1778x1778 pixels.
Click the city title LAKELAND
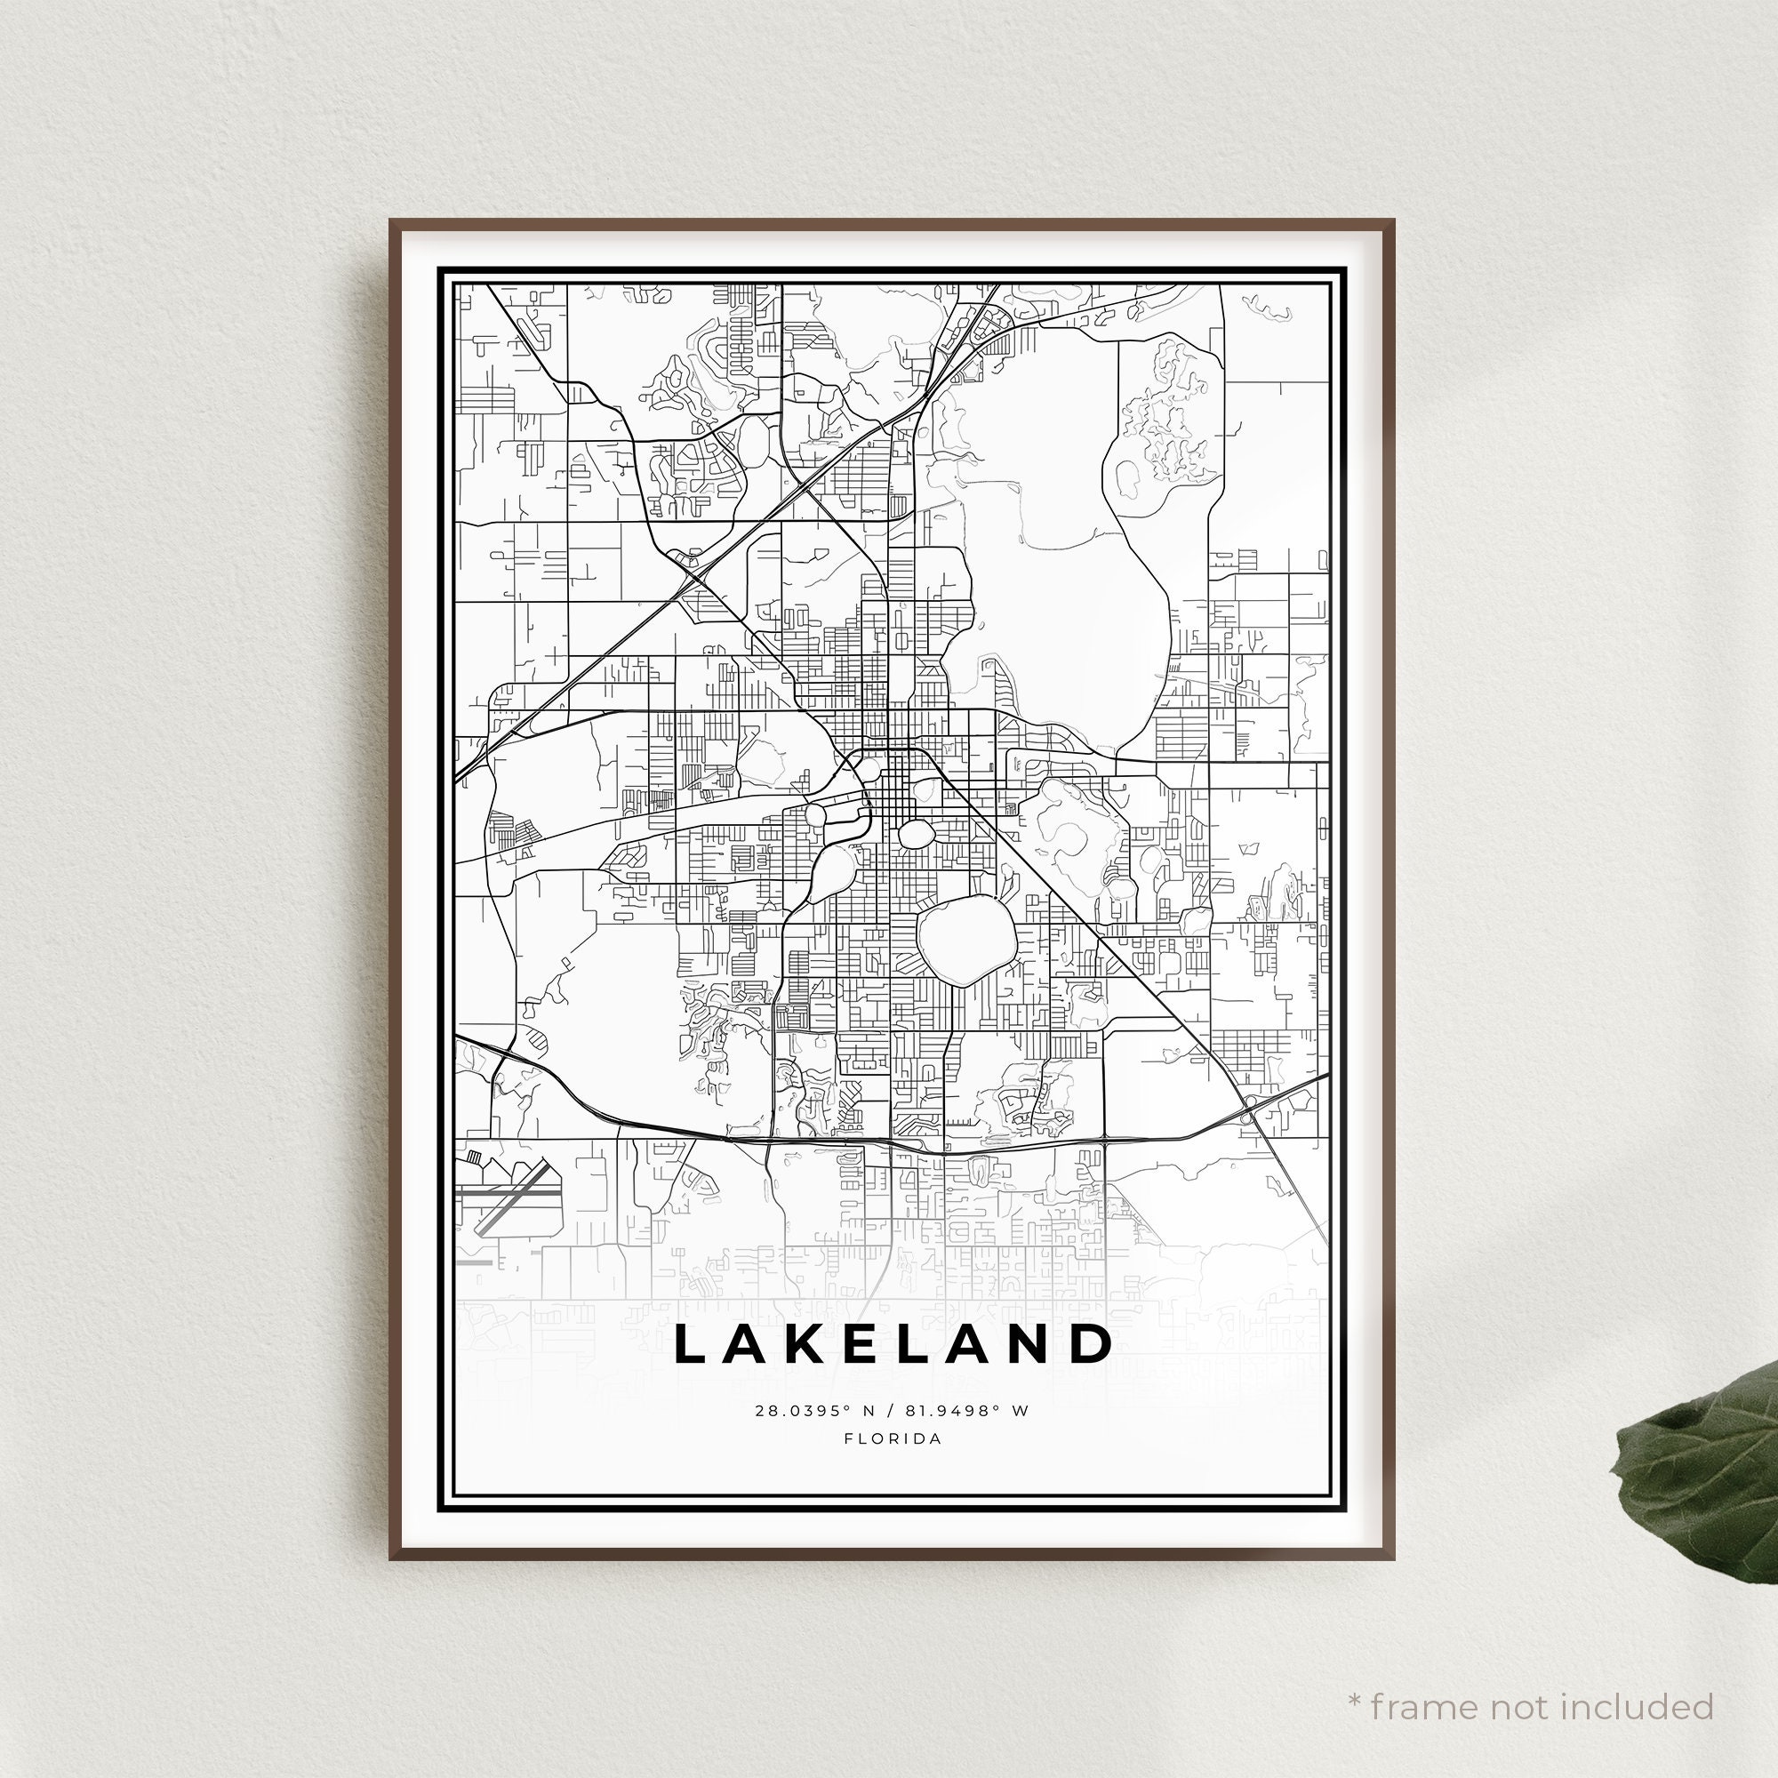(893, 1344)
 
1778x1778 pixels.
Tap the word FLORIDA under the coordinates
(893, 1439)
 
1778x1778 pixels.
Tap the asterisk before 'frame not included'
(1355, 1675)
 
